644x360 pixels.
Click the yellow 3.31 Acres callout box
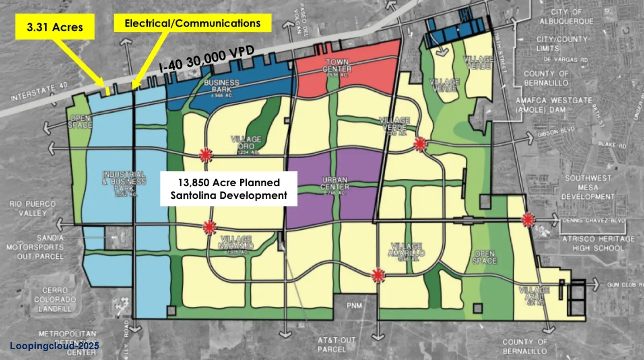(55, 27)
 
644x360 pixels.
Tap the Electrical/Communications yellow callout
(192, 23)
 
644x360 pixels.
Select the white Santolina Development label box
(229, 189)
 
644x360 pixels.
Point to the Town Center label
(337, 66)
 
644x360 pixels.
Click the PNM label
(354, 306)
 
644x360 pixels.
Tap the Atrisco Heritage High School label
(598, 243)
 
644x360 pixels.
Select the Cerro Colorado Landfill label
(55, 300)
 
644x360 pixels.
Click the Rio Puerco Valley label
(32, 208)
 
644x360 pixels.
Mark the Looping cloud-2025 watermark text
(54, 346)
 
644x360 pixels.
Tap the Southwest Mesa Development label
(588, 187)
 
